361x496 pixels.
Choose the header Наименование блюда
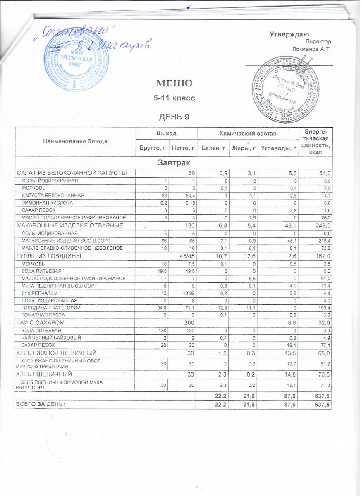[x=75, y=141]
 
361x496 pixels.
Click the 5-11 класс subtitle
[x=174, y=99]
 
